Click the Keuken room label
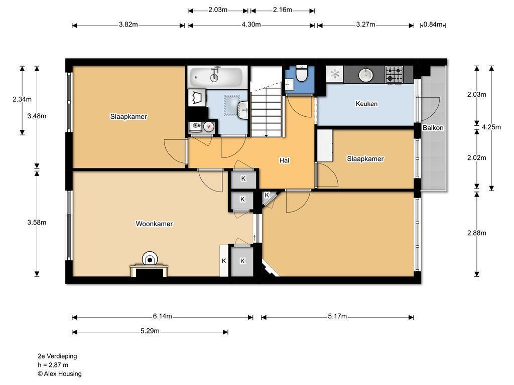click(366, 104)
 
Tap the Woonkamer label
click(154, 224)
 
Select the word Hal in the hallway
click(284, 160)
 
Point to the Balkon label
click(433, 128)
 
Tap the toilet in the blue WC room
click(301, 73)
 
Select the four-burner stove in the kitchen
click(394, 75)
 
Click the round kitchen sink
click(365, 74)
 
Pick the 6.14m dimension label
click(162, 316)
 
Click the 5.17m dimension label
click(337, 316)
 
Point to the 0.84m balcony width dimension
click(433, 24)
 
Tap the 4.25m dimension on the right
click(491, 127)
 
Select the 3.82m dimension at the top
click(128, 24)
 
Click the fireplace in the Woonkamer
click(150, 266)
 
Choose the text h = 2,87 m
click(53, 365)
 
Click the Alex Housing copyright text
click(60, 373)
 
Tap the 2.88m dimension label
click(477, 233)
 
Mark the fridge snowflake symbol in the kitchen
click(335, 74)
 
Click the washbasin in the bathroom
click(243, 110)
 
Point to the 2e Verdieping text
click(57, 356)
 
